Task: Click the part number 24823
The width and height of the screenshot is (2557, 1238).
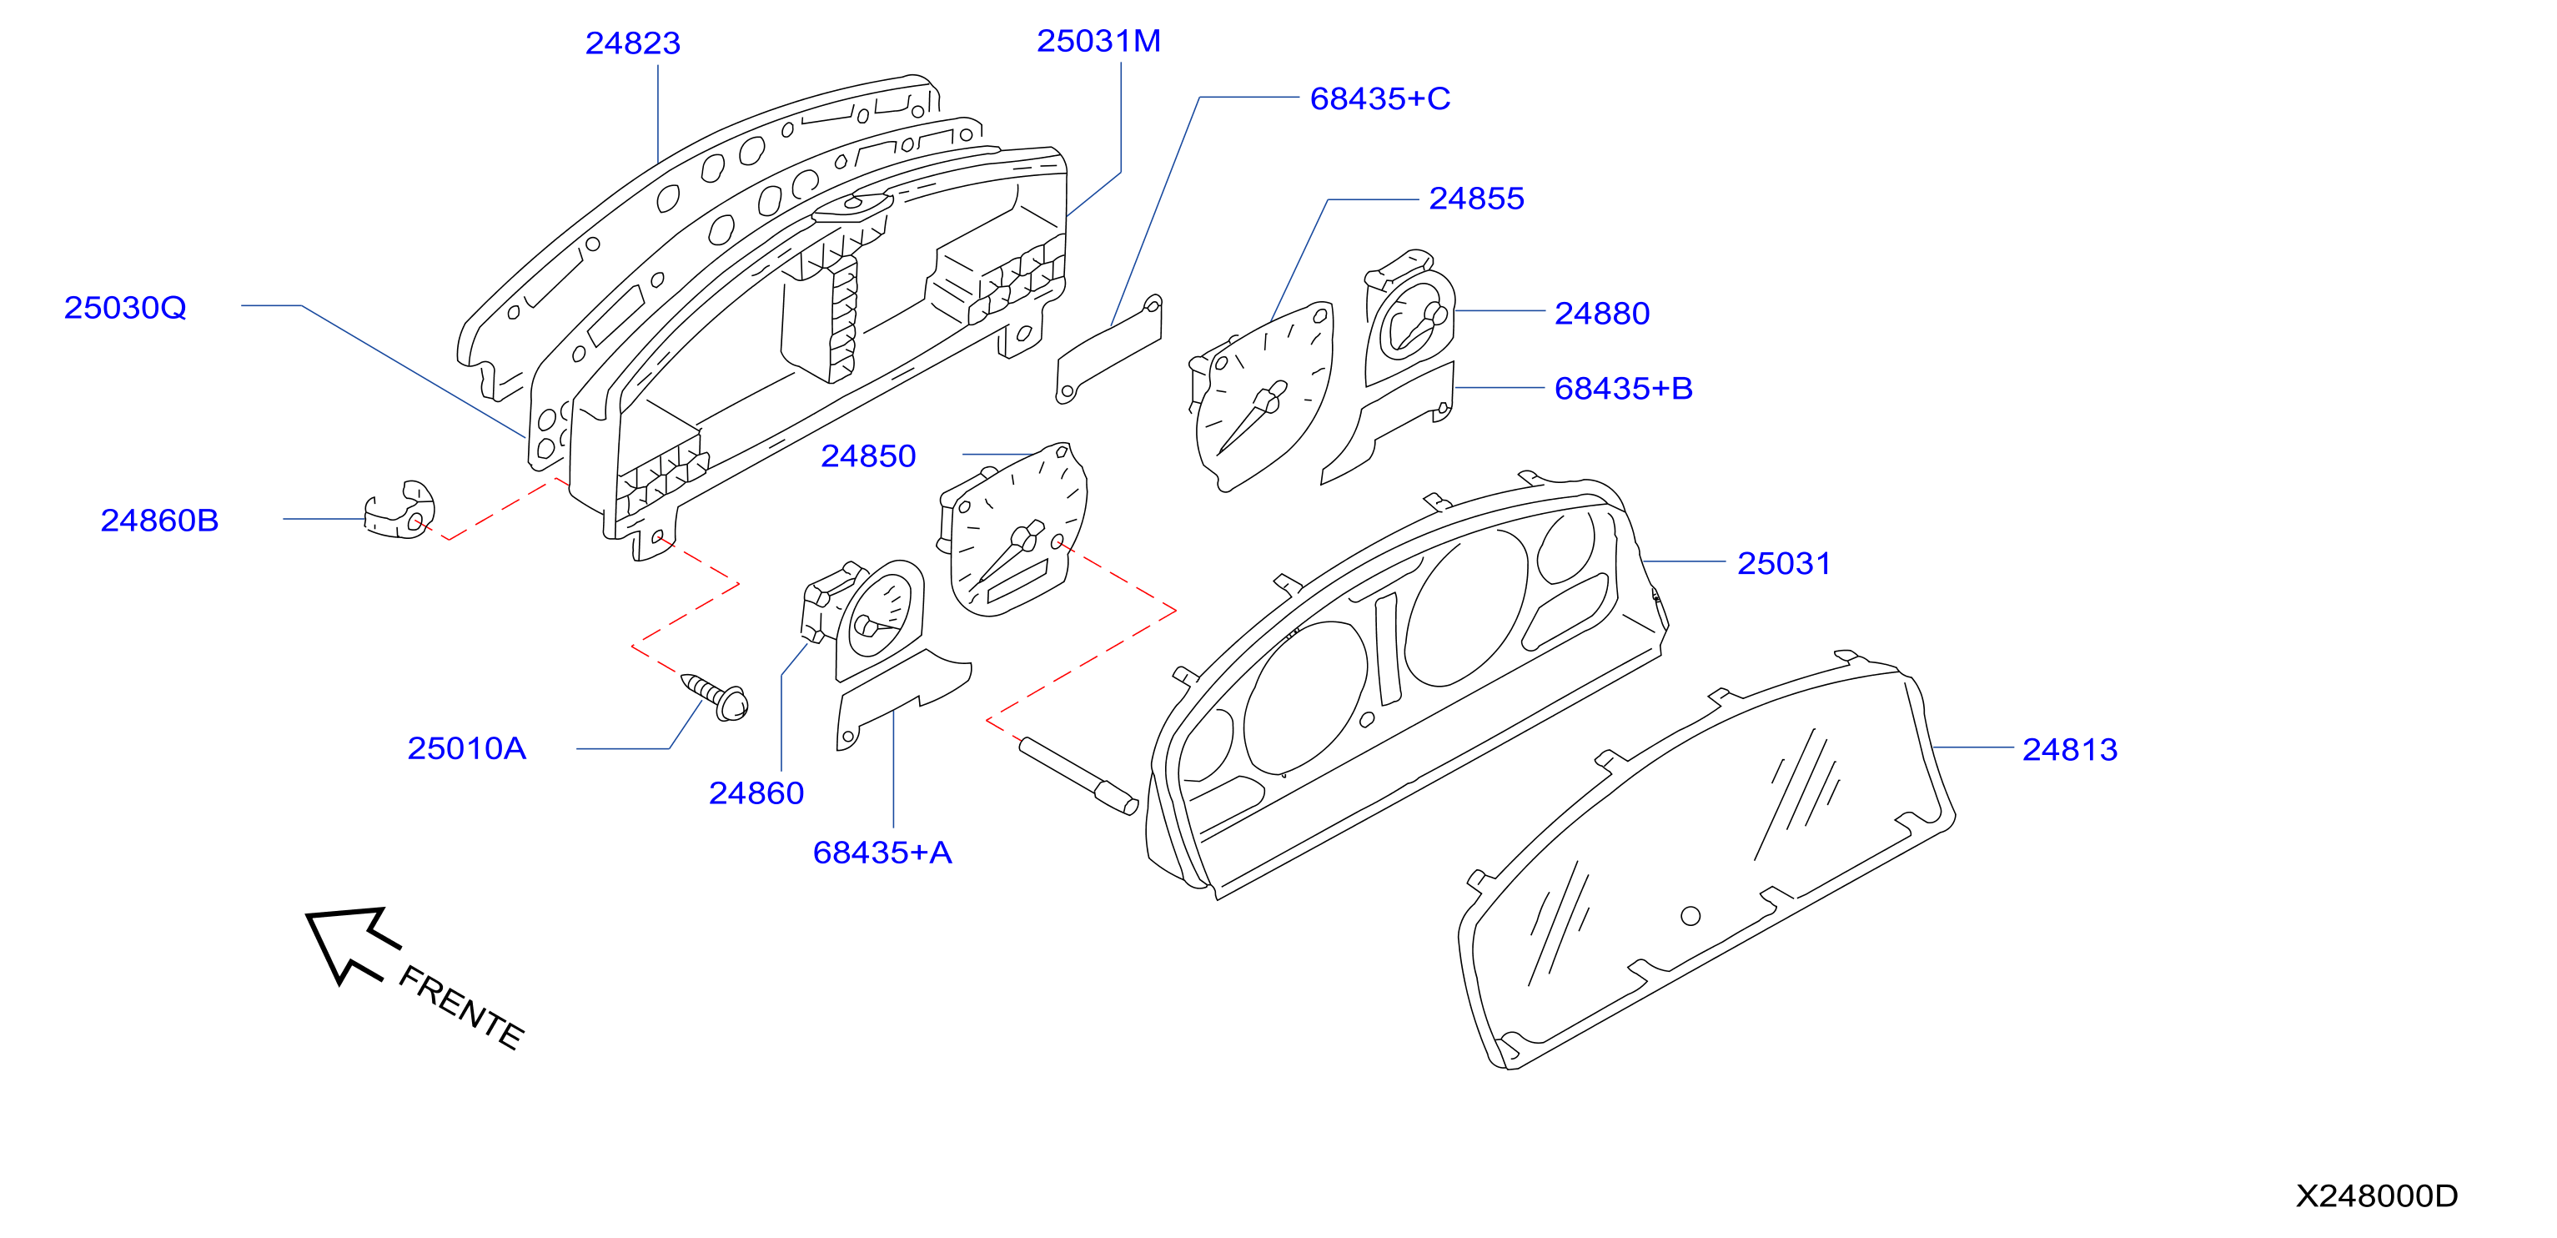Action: coord(632,43)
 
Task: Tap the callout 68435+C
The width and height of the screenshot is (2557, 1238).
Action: coord(1379,99)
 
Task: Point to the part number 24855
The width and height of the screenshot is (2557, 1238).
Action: coord(1476,199)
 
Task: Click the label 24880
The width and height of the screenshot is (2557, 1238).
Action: coord(1601,314)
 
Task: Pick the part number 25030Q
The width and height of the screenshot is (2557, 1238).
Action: coord(125,308)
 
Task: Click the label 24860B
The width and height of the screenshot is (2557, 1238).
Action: coord(158,521)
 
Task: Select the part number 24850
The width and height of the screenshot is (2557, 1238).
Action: coord(867,456)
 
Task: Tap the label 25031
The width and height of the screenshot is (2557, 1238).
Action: coord(1783,564)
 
